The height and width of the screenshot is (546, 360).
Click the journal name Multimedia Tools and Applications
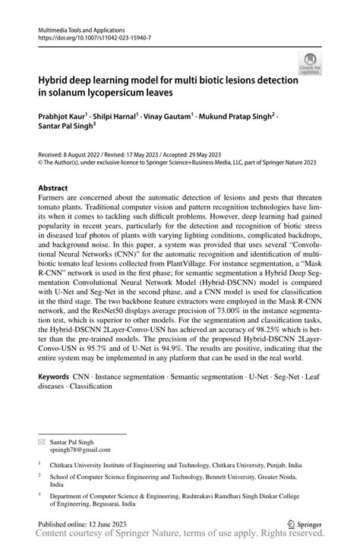(82, 27)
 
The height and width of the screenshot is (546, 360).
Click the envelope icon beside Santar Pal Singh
(42, 441)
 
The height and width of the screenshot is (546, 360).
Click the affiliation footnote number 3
(39, 495)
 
